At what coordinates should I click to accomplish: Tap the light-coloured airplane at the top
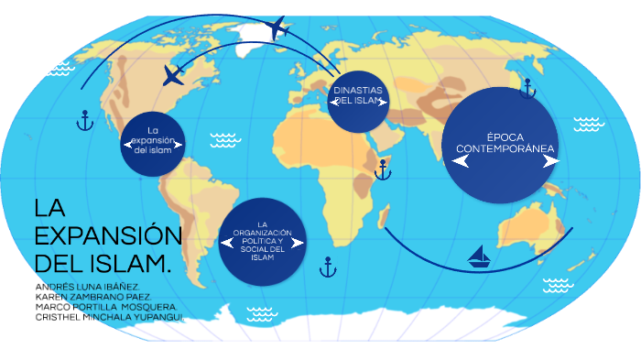point(280,28)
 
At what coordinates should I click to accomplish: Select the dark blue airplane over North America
point(173,75)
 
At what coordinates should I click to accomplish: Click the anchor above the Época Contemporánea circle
point(527,89)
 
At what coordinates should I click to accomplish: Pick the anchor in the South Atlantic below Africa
point(328,267)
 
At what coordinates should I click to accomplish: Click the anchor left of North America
point(84,119)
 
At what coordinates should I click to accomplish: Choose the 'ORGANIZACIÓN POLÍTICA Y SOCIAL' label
point(262,240)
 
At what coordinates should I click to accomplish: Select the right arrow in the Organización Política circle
point(299,243)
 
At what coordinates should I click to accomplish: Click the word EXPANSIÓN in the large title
point(108,235)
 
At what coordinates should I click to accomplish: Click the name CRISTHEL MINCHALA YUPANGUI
point(109,317)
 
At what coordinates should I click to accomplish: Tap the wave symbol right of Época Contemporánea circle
point(587,125)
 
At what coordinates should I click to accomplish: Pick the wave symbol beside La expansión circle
point(223,139)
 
